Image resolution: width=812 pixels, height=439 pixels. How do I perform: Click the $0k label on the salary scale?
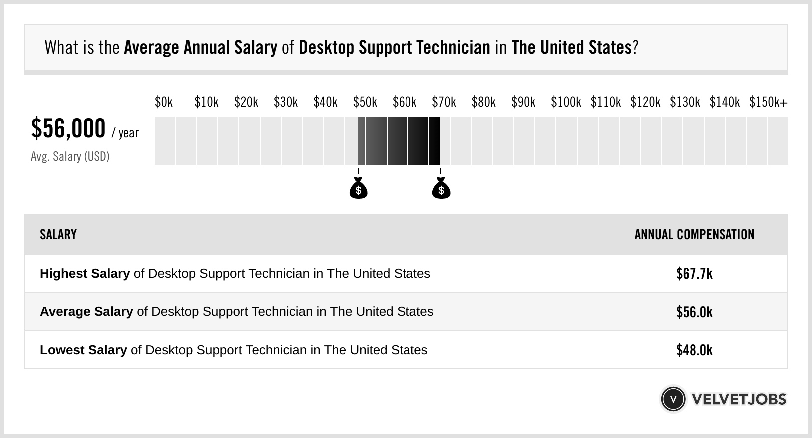point(164,102)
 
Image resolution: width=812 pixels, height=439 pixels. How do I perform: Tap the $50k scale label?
point(365,102)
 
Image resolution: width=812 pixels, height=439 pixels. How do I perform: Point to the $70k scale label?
point(444,102)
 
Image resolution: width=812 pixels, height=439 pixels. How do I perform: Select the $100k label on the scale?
point(566,102)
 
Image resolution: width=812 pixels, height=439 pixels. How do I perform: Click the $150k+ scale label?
point(768,102)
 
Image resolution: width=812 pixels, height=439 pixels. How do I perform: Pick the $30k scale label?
point(286,102)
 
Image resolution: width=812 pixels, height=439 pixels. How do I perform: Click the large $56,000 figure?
point(68,128)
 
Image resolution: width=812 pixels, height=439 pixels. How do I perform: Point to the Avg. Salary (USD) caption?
point(70,157)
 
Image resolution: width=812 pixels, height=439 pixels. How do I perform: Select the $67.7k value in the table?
point(694,274)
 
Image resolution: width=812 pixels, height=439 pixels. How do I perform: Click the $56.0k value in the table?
point(694,312)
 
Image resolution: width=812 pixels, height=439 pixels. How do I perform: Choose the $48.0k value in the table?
point(694,350)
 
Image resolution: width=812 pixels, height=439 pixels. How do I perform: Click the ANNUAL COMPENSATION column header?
point(694,235)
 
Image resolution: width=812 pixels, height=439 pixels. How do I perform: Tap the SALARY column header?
point(58,235)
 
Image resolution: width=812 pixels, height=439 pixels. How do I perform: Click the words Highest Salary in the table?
point(85,274)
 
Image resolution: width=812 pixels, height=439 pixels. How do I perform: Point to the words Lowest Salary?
point(83,350)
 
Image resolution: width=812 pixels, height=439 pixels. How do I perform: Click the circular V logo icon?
point(673,399)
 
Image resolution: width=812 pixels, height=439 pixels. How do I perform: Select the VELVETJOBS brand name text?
point(739,399)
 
